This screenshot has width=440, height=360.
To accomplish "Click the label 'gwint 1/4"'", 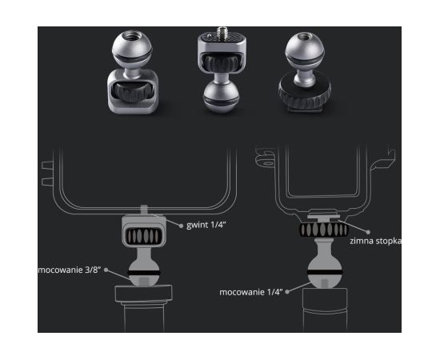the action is [206, 225].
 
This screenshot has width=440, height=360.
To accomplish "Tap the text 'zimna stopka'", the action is [375, 241].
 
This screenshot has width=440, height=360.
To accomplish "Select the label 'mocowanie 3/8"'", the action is [70, 270].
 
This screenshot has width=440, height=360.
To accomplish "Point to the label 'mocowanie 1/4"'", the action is [251, 292].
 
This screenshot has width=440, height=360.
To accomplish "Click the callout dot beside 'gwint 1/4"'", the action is [181, 226].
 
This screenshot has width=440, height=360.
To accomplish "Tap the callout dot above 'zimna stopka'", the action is [368, 232].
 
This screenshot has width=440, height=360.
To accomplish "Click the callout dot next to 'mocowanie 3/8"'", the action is [106, 270].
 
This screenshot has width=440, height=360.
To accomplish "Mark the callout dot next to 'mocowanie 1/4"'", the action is [287, 292].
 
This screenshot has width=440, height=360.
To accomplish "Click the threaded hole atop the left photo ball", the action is [132, 35].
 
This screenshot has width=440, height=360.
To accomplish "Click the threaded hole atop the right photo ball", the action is [304, 37].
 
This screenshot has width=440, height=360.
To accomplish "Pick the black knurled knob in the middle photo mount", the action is [222, 63].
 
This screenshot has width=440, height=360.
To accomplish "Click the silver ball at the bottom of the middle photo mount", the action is [221, 98].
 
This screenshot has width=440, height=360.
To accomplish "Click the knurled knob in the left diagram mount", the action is [144, 236].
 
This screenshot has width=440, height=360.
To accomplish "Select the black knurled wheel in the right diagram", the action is [324, 230].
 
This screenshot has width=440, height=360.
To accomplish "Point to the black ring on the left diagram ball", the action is [144, 273].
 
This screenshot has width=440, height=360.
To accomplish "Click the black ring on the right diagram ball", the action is [325, 272].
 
